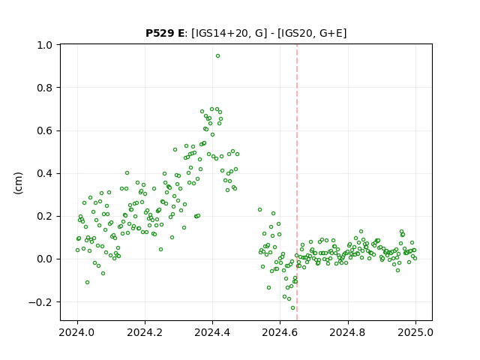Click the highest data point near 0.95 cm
[217, 56]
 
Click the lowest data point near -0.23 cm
[293, 308]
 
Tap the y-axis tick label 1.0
[45, 45]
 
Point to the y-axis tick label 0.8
[45, 88]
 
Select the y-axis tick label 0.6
[45, 130]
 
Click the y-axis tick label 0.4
[45, 173]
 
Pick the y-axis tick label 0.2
[45, 217]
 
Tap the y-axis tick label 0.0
[45, 259]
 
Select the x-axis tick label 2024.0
[77, 332]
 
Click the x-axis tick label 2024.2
[145, 332]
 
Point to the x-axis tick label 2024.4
[212, 332]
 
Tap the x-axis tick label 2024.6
[280, 332]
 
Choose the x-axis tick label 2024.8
[348, 332]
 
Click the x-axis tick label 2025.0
[415, 332]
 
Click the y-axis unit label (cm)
[18, 183]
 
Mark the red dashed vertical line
[297, 182]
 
